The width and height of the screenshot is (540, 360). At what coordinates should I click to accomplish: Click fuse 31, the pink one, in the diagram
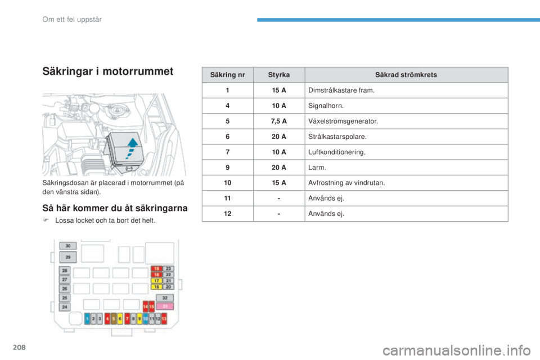point(165,306)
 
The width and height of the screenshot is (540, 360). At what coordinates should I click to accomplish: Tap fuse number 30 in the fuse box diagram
point(68,246)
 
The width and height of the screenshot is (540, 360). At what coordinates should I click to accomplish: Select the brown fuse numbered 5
point(113,319)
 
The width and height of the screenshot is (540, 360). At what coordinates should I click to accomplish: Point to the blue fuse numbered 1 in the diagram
point(87,319)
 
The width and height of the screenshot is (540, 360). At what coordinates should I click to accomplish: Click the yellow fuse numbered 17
point(156,281)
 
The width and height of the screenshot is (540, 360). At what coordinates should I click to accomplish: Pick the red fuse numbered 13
point(164,319)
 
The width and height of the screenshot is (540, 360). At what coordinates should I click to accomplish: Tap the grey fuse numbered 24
point(65,307)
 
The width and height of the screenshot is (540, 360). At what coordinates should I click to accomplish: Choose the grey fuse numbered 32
point(165,298)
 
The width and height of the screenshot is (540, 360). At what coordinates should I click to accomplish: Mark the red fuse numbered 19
point(156,269)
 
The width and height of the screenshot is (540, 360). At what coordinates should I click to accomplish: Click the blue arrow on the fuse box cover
point(131,147)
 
